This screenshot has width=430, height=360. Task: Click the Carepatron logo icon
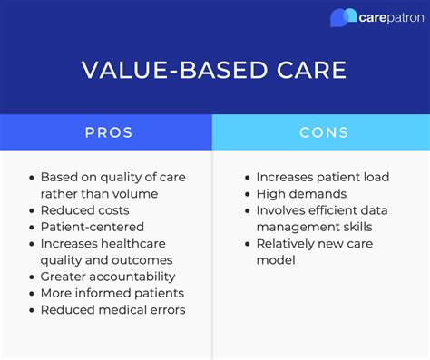[343, 17]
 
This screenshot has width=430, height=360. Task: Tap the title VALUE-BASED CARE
[215, 71]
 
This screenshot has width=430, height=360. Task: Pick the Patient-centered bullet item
[92, 227]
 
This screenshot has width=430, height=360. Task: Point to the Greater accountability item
[108, 277]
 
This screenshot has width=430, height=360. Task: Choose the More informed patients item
[112, 293]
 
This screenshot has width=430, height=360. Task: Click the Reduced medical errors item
[112, 310]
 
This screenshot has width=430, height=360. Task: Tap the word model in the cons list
[276, 260]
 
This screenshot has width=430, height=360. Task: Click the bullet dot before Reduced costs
[33, 210]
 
